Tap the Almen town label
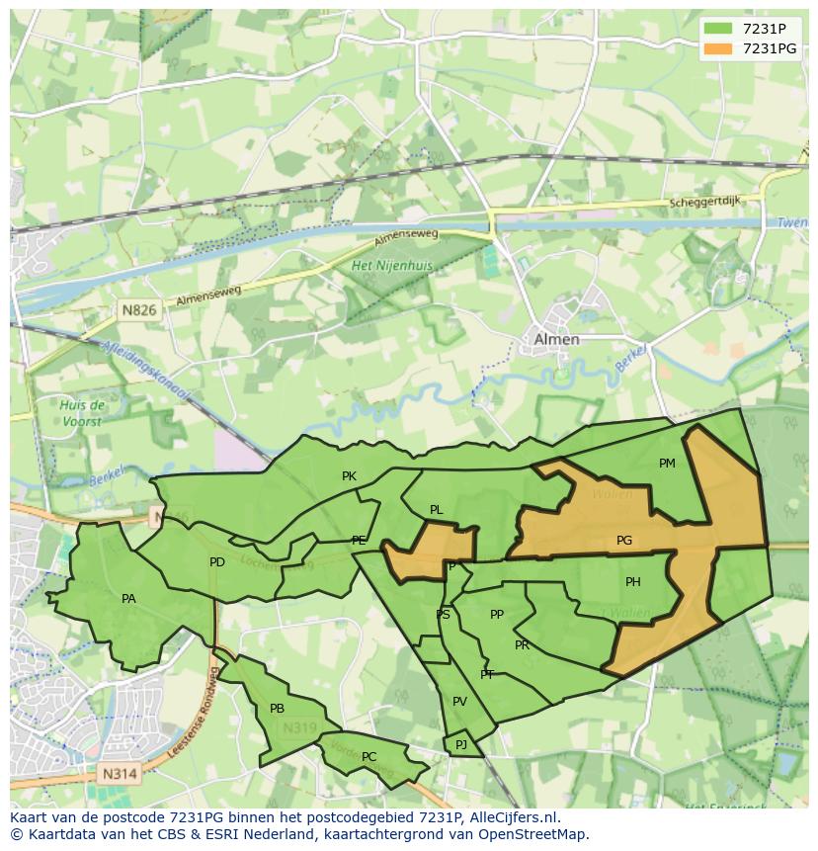556,339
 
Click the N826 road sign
139,310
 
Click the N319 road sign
299,728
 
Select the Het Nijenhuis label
392,266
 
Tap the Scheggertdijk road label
703,203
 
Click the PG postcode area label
623,541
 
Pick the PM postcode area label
667,464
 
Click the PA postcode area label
128,599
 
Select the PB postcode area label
277,709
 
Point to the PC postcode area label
368,757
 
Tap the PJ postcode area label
460,744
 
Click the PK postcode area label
349,476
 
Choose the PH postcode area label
632,582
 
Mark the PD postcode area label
217,562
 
